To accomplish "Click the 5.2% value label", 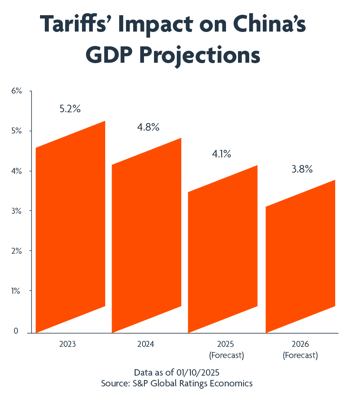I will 70,109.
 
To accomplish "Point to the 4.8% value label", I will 148,127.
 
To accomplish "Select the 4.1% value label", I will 221,154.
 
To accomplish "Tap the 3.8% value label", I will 301,169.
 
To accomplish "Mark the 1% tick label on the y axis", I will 16,291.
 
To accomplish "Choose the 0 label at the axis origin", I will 16,331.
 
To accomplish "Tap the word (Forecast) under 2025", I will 226,355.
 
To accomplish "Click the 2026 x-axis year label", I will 300,344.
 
